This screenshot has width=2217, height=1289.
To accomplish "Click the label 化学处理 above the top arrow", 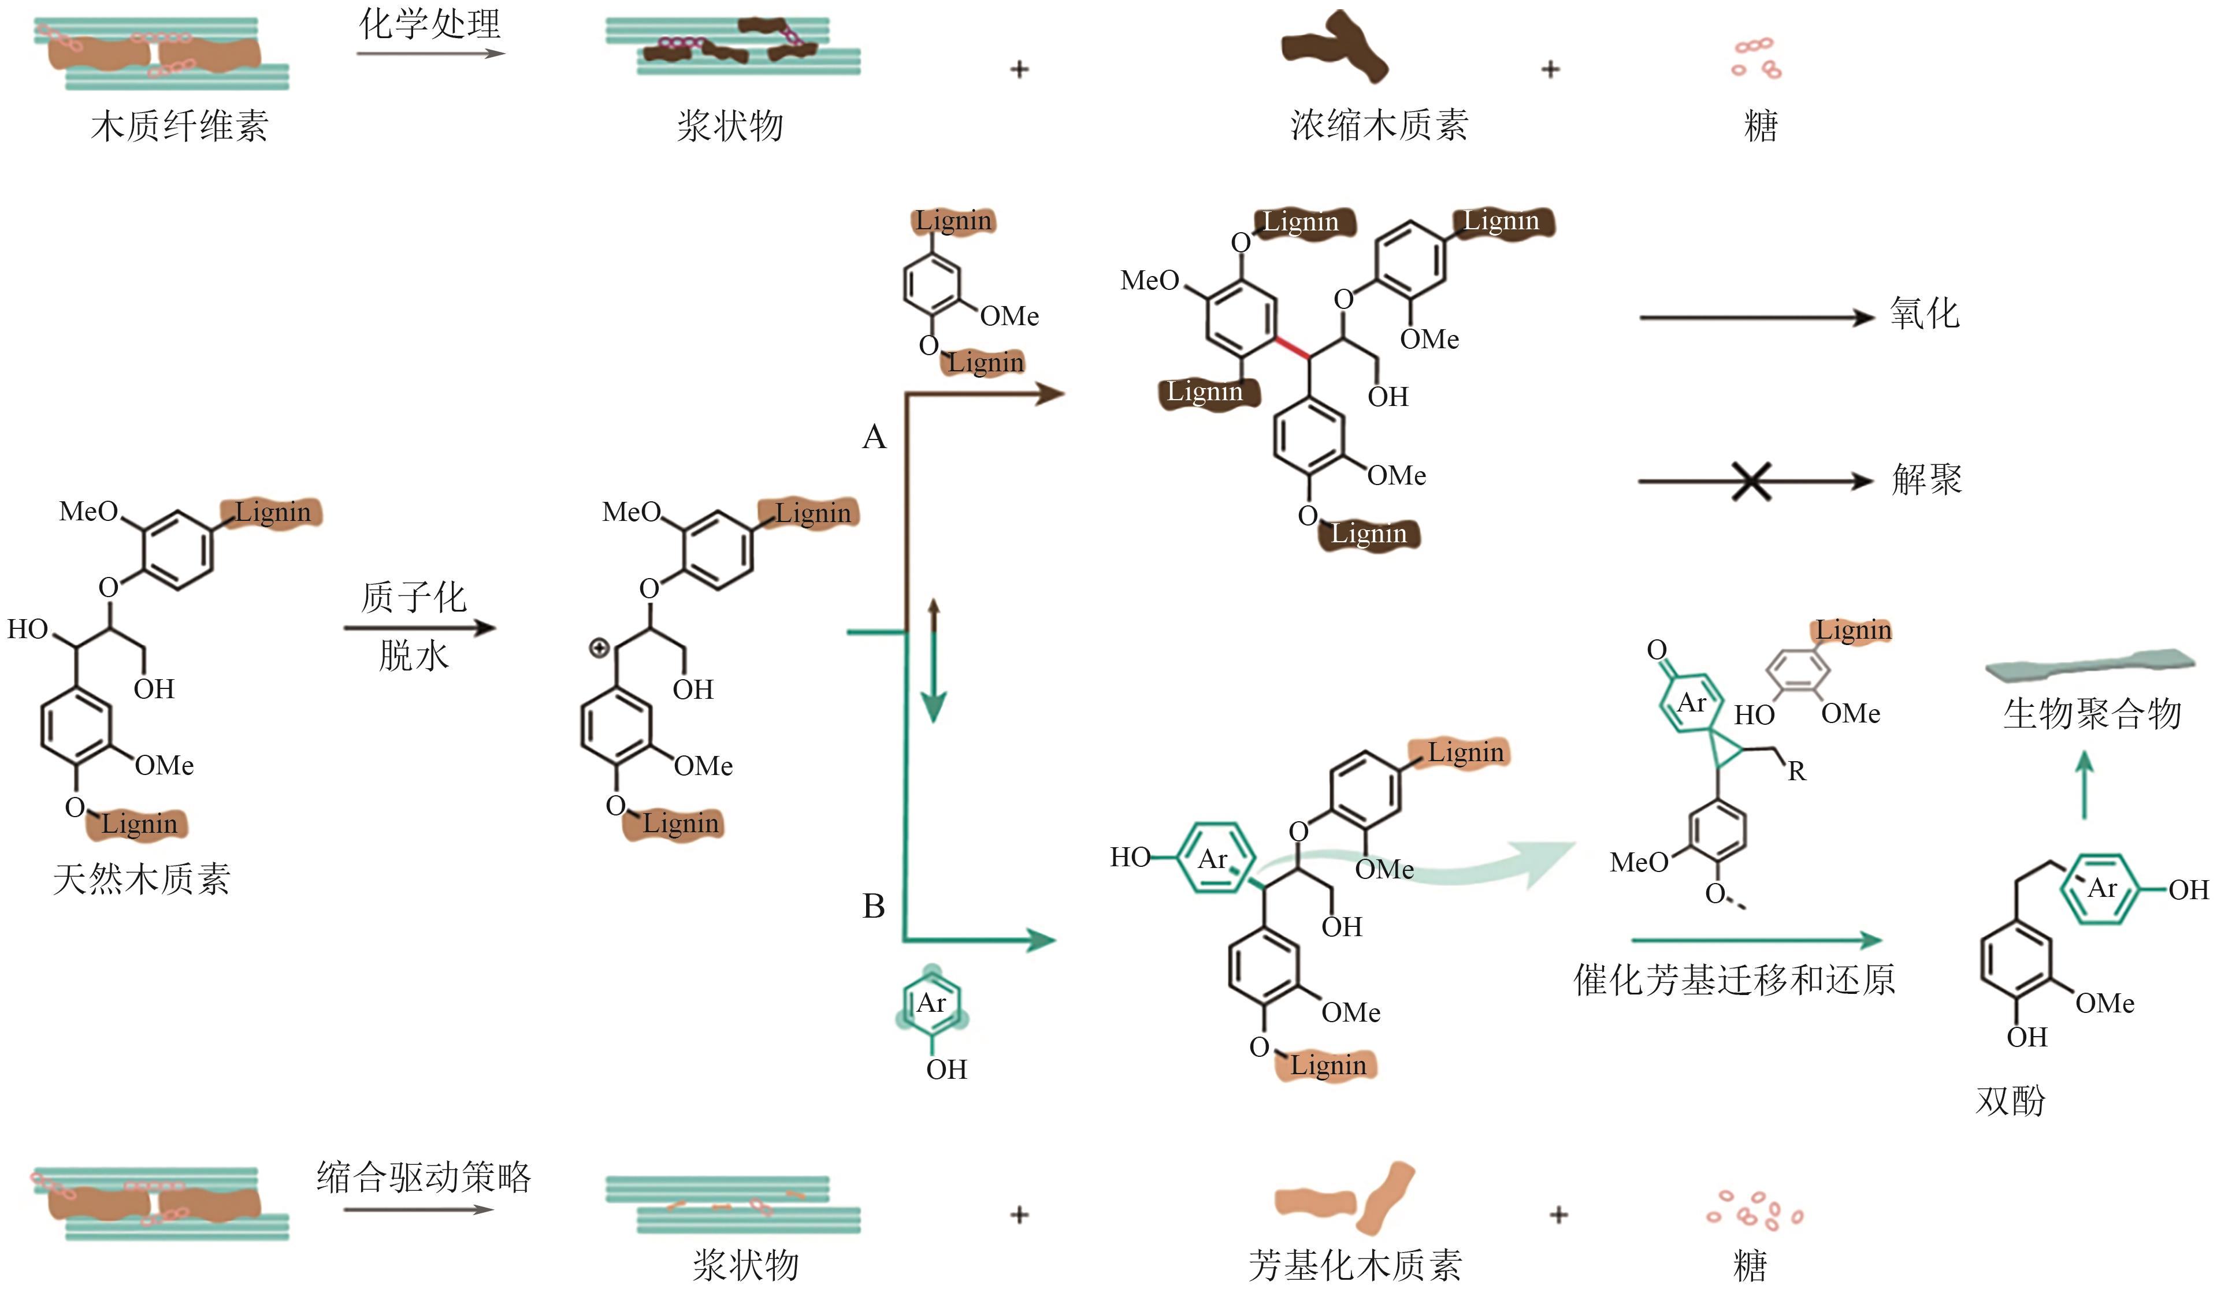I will (429, 24).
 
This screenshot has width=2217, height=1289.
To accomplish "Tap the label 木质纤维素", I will (180, 126).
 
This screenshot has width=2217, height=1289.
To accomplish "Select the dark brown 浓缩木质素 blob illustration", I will (1334, 49).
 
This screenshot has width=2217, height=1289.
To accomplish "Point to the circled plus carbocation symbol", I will (599, 649).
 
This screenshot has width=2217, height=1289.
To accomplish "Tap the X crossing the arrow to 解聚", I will (1751, 481).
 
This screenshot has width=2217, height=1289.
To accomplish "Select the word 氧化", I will (1924, 314).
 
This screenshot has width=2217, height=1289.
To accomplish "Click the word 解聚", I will (1927, 480).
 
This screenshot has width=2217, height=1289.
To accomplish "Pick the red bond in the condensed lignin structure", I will (1291, 347).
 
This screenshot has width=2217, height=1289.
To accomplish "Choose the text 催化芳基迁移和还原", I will (1734, 979).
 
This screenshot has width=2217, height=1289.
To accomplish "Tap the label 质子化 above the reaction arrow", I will (414, 598).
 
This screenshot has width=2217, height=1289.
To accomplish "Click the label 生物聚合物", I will (2092, 713).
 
